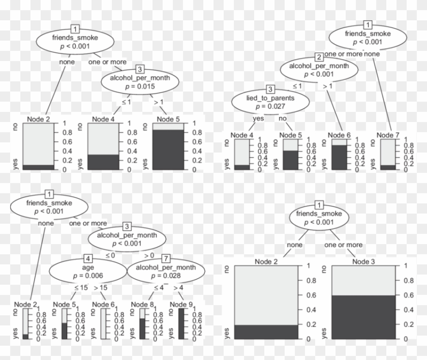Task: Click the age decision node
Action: click(x=87, y=272)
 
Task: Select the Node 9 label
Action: click(x=182, y=305)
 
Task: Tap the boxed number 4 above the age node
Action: click(x=88, y=258)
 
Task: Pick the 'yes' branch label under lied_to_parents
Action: click(x=258, y=118)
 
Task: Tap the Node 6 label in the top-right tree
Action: click(x=340, y=135)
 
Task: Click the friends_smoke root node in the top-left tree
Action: click(x=75, y=41)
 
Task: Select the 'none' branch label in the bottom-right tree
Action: click(x=295, y=245)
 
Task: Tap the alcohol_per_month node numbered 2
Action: click(x=319, y=70)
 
